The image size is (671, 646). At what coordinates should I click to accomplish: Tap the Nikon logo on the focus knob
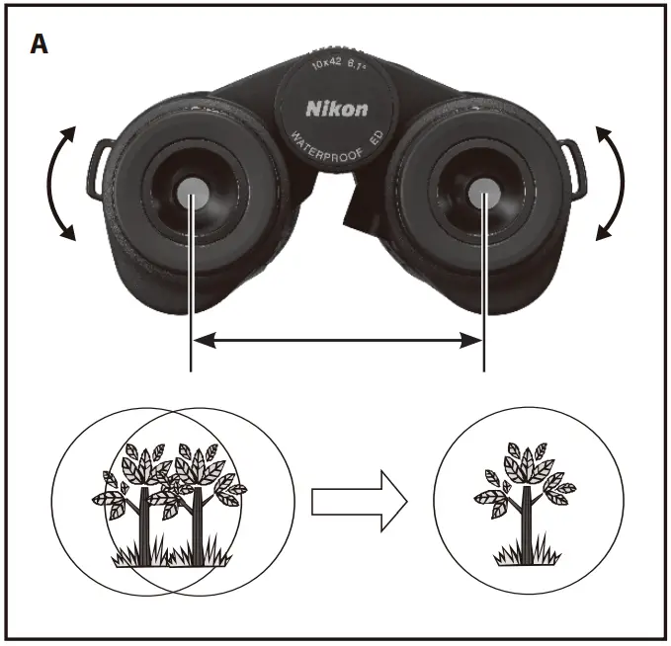pos(337,109)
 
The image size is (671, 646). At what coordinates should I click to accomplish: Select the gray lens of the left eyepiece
pos(193,193)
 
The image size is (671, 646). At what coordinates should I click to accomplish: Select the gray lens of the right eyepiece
pos(483,193)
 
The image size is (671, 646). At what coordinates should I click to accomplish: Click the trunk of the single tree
pos(524,524)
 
